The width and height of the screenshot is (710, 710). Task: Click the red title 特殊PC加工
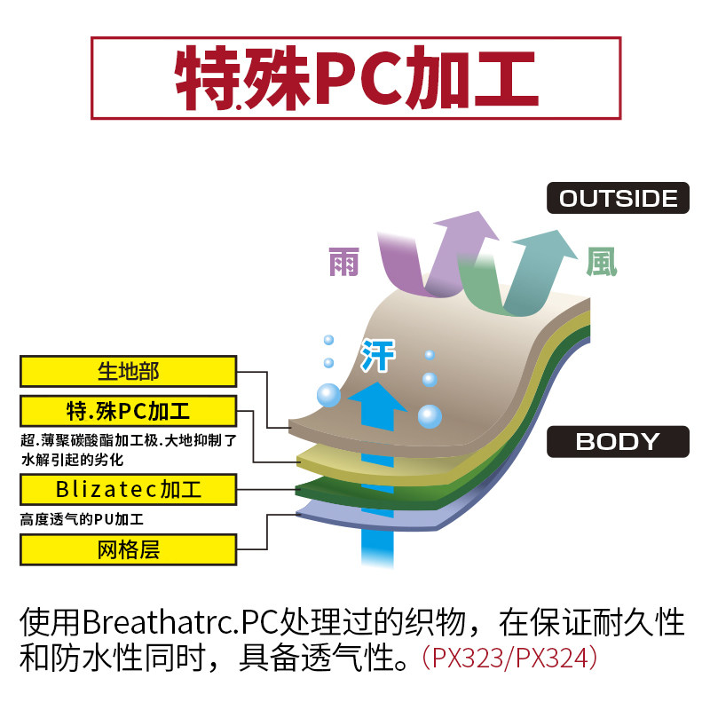click(355, 77)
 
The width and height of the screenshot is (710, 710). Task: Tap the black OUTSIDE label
click(618, 198)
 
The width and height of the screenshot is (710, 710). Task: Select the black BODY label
click(618, 441)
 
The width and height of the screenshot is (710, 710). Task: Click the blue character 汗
click(377, 356)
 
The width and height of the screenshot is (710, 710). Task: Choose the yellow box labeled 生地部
click(128, 371)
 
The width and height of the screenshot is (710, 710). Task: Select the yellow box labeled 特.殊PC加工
click(128, 412)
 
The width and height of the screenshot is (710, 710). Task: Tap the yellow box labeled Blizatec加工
click(128, 488)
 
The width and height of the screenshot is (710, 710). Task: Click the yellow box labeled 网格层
click(128, 548)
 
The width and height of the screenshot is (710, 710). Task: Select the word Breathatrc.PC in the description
click(158, 620)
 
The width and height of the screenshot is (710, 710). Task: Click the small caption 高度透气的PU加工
click(82, 519)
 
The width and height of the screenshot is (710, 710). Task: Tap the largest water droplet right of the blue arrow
click(430, 415)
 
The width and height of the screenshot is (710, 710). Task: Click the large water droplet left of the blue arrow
click(327, 394)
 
